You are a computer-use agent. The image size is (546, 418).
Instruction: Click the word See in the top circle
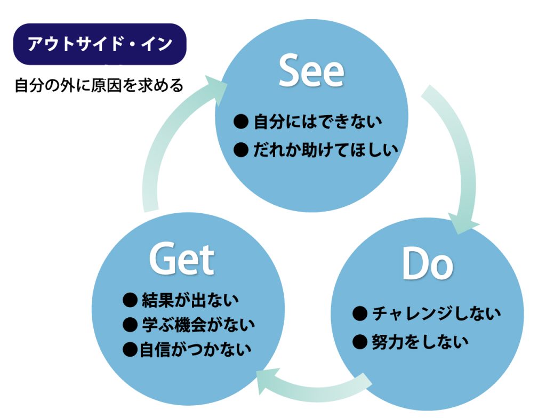tap(312, 72)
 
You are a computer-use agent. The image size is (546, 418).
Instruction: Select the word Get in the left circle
tap(181, 259)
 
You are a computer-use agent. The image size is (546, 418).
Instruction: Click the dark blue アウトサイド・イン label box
tap(100, 44)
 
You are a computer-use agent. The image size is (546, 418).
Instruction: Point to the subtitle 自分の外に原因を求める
tap(99, 85)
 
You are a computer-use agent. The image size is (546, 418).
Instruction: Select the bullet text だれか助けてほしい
tap(326, 150)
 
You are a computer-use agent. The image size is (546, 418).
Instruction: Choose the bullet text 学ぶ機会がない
tap(198, 324)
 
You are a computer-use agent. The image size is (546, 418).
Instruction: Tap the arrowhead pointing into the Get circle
tap(269, 381)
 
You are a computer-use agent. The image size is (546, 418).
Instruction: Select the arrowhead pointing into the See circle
tap(216, 89)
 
